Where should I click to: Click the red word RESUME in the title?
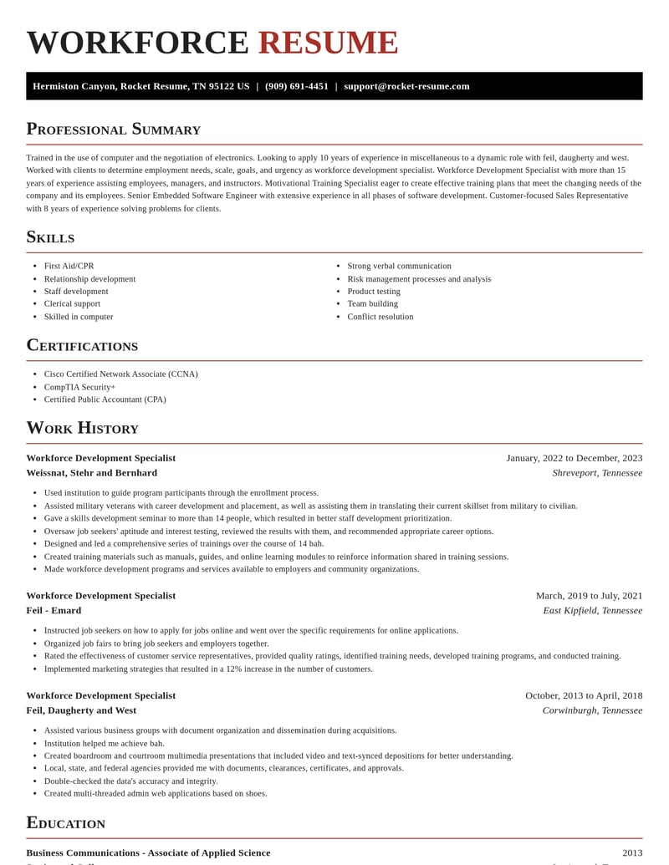tap(328, 43)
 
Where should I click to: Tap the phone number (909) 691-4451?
tap(297, 86)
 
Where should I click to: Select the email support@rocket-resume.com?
tap(406, 86)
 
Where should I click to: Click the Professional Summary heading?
tap(114, 129)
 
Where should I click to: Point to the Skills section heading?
tap(50, 237)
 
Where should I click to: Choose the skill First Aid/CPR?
tap(69, 266)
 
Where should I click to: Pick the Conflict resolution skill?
tap(380, 317)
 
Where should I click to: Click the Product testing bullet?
tap(374, 292)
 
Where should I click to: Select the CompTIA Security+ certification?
tap(79, 387)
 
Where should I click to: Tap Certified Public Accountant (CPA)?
tap(105, 399)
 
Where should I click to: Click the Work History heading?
tap(82, 428)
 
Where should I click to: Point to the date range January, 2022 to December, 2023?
tap(575, 458)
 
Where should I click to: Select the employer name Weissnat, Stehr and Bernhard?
tap(91, 473)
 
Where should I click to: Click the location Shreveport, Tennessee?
tap(597, 473)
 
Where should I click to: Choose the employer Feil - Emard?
tap(54, 610)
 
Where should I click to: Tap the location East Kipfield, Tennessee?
tap(593, 610)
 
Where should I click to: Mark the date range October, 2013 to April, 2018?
tap(584, 695)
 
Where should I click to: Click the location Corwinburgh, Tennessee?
tap(592, 710)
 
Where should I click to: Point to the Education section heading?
tap(66, 822)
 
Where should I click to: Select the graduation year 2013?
tap(632, 852)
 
